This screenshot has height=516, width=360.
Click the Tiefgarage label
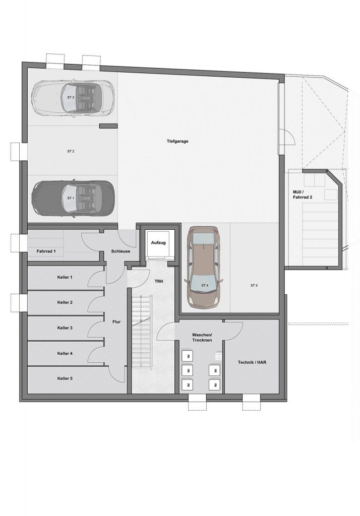(177, 141)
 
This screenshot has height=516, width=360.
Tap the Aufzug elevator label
(158, 242)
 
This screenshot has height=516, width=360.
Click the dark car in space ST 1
(73, 198)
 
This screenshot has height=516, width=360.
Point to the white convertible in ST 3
(73, 98)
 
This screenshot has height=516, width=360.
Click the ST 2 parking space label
(71, 151)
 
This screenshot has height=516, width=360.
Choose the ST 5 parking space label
(254, 285)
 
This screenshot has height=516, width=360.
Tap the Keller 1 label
(65, 277)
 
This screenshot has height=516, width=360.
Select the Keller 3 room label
(65, 328)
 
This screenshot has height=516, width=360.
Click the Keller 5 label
(65, 378)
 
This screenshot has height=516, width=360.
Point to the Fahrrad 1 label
(46, 251)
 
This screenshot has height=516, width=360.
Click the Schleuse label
(121, 251)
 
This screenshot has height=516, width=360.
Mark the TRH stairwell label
(159, 281)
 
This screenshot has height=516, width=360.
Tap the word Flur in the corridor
(116, 322)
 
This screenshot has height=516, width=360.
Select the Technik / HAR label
(252, 362)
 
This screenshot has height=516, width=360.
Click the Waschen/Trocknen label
(202, 337)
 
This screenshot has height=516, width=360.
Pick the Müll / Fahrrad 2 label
(303, 195)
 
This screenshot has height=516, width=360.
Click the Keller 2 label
(65, 302)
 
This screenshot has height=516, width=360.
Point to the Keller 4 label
(65, 353)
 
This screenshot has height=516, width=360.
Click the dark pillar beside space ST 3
(108, 125)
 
